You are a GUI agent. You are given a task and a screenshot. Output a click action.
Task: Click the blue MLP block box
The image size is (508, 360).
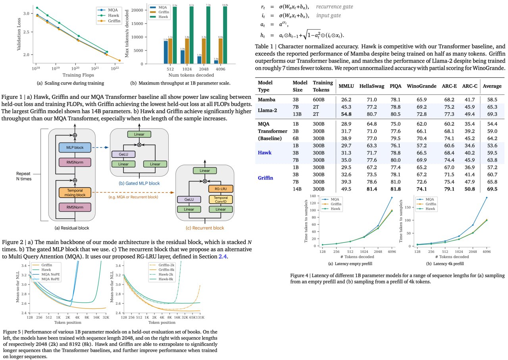(75, 147)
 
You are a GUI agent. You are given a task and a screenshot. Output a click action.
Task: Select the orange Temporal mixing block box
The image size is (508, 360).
(75, 192)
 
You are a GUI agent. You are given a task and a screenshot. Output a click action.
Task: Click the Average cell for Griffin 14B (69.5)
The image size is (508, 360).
(492, 189)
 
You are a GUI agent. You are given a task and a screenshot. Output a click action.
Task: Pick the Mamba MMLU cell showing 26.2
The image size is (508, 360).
(346, 99)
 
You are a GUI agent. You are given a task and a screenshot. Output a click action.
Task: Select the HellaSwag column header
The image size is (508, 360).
(371, 86)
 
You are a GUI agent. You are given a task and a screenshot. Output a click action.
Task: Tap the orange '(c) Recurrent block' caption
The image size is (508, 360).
(205, 228)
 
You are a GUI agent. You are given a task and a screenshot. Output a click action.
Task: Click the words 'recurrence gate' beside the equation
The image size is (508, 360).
(335, 7)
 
